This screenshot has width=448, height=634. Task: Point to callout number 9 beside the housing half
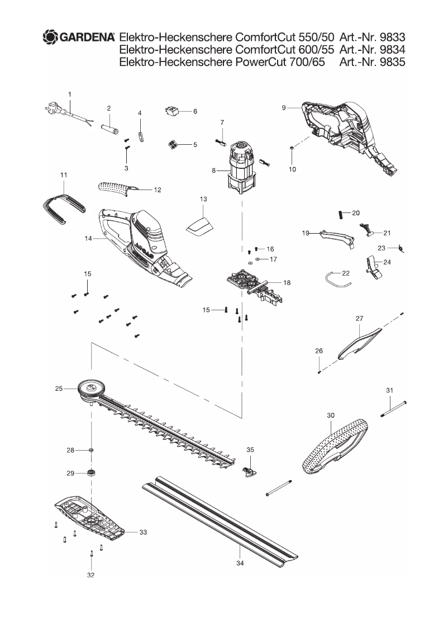pyautogui.click(x=284, y=107)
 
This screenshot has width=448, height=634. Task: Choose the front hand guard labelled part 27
pyautogui.click(x=359, y=340)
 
